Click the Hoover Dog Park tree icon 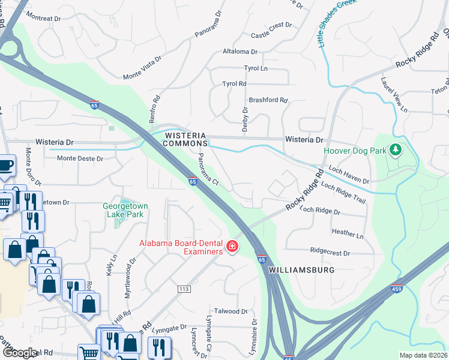coord(395,149)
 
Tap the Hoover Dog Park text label coord(355,151)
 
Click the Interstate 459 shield coord(396,289)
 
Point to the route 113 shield coord(184,289)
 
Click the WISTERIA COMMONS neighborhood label coord(186,140)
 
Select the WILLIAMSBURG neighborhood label coord(301,270)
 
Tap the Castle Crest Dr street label coord(271,26)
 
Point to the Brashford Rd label coord(268,100)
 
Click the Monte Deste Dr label coord(80,159)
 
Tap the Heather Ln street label coord(348,232)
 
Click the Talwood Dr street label coord(231,311)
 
